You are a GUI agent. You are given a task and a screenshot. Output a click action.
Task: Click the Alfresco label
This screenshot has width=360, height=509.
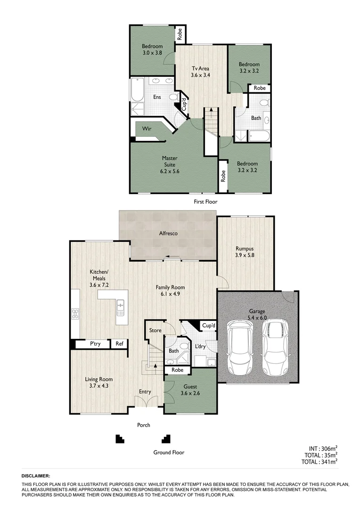click(x=168, y=233)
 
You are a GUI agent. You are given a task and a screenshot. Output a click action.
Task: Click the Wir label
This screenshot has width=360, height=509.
click(x=147, y=128)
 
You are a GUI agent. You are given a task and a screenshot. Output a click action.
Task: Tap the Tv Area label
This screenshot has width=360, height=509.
click(x=200, y=69)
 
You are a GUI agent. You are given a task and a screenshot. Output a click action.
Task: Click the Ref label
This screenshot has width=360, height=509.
click(x=119, y=344)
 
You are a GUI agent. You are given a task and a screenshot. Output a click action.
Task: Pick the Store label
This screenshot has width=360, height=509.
click(x=155, y=330)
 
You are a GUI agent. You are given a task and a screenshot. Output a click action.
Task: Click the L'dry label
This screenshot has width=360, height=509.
click(x=199, y=347)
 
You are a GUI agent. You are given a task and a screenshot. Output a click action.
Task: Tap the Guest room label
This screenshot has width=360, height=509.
click(x=190, y=387)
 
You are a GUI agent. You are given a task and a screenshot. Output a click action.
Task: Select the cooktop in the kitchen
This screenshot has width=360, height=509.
click(x=74, y=313)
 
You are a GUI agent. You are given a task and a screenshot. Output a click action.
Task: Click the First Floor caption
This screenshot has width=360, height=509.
click(x=205, y=202)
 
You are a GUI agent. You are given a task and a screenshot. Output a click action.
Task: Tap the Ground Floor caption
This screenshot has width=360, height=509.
click(x=169, y=452)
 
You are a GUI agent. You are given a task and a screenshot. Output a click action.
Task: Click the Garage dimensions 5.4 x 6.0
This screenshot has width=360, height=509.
click(x=257, y=318)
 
